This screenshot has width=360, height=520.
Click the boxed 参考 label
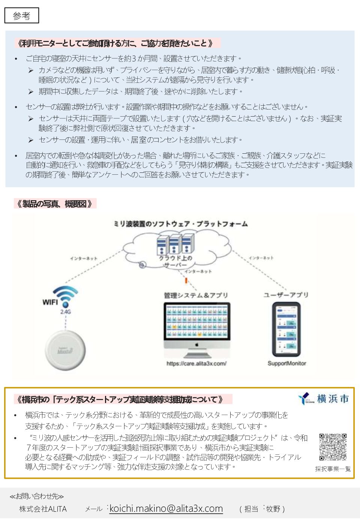[x=21, y=16]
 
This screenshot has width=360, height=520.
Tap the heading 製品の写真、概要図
[x=55, y=204]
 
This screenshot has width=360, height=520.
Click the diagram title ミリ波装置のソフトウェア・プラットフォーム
[x=180, y=224]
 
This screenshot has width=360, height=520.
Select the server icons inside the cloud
[x=175, y=244]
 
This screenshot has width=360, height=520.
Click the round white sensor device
[x=65, y=350]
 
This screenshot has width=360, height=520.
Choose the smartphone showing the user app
[x=286, y=329]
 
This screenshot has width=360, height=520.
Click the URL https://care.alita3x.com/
[x=196, y=363]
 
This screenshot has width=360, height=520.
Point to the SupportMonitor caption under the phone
[x=286, y=363]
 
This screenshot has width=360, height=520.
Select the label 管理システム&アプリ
[x=196, y=295]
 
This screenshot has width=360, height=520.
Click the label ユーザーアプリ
[x=286, y=295]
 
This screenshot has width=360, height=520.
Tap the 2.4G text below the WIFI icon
[x=66, y=312]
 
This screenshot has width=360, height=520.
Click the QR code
[x=333, y=447]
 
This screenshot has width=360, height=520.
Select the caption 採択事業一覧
[x=333, y=469]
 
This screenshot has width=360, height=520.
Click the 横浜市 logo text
[x=333, y=399]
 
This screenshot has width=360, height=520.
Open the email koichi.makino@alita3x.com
[x=166, y=509]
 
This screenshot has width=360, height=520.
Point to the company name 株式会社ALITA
[x=43, y=509]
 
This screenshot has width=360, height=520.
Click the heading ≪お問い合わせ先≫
[x=37, y=496]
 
